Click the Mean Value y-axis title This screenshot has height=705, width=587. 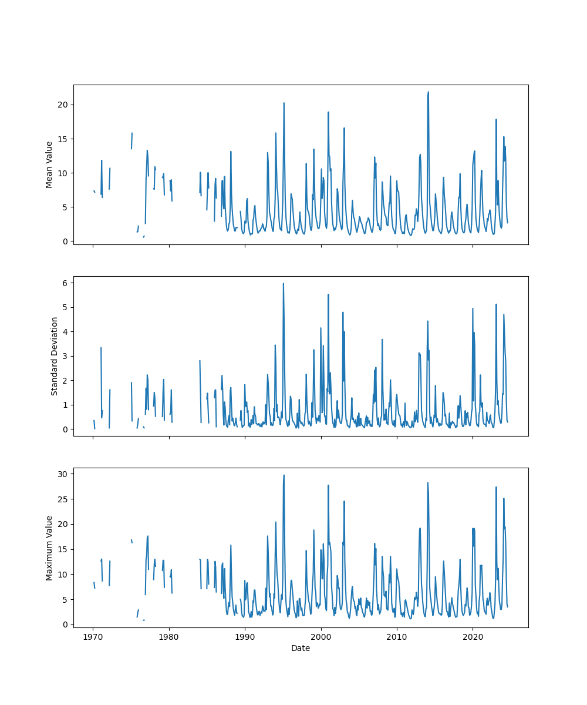pyautogui.click(x=49, y=164)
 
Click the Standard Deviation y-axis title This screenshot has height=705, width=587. pyautogui.click(x=55, y=356)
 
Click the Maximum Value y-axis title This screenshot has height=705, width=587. pyautogui.click(x=49, y=548)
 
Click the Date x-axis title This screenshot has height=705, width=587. pyautogui.click(x=301, y=648)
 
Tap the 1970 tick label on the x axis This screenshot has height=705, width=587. pyautogui.click(x=93, y=637)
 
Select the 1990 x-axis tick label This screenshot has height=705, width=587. pyautogui.click(x=245, y=637)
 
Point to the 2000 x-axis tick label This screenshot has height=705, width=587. pyautogui.click(x=321, y=637)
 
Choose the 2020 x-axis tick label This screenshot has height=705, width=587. pyautogui.click(x=473, y=637)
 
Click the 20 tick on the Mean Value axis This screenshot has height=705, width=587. pyautogui.click(x=63, y=105)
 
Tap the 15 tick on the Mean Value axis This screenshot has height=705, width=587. pyautogui.click(x=63, y=139)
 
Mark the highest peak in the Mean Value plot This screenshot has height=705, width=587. pyautogui.click(x=429, y=92)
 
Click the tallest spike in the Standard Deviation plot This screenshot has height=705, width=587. pyautogui.click(x=284, y=284)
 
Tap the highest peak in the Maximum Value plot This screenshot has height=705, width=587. pyautogui.click(x=284, y=475)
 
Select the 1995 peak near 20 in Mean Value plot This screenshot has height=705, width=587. pyautogui.click(x=284, y=103)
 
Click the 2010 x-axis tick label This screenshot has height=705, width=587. pyautogui.click(x=397, y=637)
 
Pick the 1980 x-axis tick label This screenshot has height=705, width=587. pyautogui.click(x=169, y=637)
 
